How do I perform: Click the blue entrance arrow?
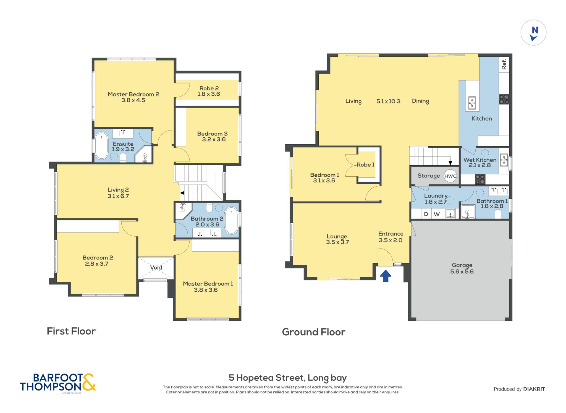[x=386, y=276]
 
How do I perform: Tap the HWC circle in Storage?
[x=450, y=176]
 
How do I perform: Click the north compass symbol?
[x=533, y=33]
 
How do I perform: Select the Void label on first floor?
[x=156, y=267]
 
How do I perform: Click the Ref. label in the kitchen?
[x=504, y=64]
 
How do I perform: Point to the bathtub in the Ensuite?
[x=101, y=146]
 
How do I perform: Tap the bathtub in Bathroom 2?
[x=231, y=221]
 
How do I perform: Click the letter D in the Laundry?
[x=426, y=214]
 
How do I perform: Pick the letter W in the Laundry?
[x=437, y=214]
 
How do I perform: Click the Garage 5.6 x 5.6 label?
[x=462, y=268]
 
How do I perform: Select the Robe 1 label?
[x=365, y=165]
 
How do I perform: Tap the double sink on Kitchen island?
[x=472, y=103]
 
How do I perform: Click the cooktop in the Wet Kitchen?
[x=480, y=179]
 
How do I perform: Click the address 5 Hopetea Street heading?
[x=287, y=378]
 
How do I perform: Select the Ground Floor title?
[x=314, y=332]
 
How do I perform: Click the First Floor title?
[x=71, y=331]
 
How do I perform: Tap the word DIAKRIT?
[x=534, y=389]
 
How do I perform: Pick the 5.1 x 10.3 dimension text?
[x=388, y=101]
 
